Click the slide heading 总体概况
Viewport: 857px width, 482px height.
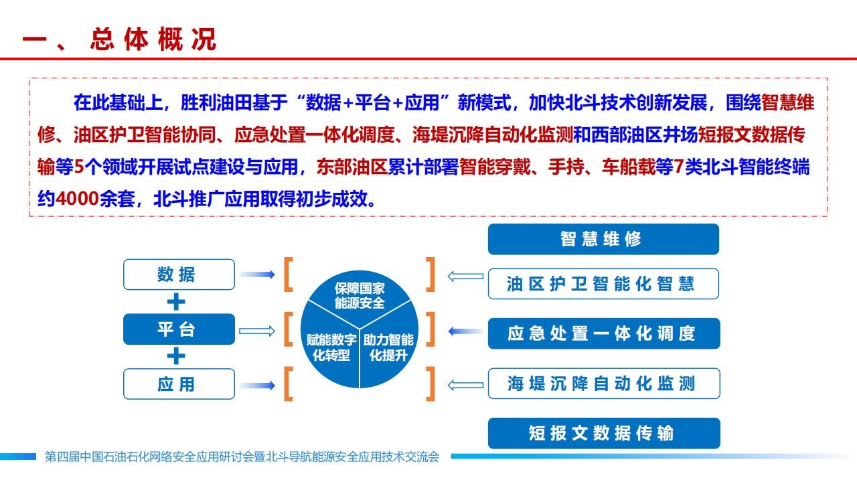coord(153,39)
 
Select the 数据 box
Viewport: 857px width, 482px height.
coord(179,274)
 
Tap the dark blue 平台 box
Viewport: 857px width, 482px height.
coord(179,329)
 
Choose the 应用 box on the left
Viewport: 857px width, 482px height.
coord(179,384)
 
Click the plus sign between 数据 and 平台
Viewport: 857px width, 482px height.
coord(176,302)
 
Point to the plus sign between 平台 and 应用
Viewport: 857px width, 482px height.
coord(176,356)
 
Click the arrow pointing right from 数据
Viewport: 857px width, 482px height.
coord(257,274)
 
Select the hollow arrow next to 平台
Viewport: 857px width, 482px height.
coord(257,331)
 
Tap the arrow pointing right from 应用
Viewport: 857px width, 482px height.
coord(257,385)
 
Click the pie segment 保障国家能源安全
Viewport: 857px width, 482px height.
coord(360,295)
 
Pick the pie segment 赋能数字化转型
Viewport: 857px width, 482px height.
coord(331,347)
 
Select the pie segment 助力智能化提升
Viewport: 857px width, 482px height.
coord(388,347)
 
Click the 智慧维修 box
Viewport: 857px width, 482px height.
coord(603,239)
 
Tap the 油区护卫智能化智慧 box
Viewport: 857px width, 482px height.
coord(603,284)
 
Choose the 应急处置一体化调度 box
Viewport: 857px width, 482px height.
coord(604,333)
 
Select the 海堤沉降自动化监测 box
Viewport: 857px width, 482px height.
coord(604,384)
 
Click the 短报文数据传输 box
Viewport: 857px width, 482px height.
coord(604,433)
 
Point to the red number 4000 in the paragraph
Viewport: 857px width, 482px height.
coord(78,199)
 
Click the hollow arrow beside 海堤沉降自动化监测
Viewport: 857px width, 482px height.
coord(465,385)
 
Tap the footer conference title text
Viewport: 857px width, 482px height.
coord(242,457)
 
